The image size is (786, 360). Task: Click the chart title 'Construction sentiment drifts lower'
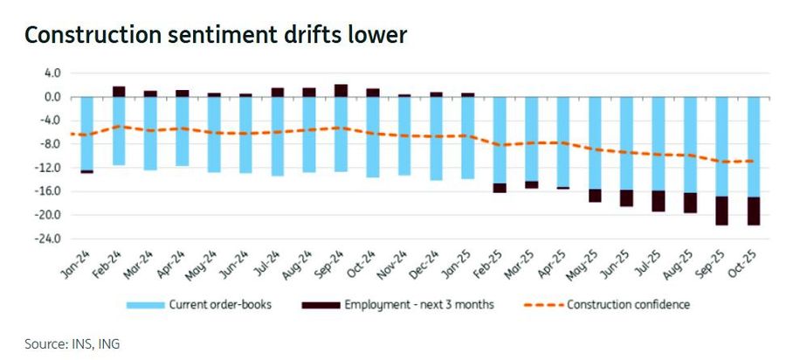pyautogui.click(x=216, y=36)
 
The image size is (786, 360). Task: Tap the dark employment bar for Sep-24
pyautogui.click(x=341, y=90)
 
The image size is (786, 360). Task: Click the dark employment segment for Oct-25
pyautogui.click(x=753, y=211)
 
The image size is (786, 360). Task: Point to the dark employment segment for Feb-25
pyautogui.click(x=499, y=188)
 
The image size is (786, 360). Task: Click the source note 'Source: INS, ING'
pyautogui.click(x=72, y=344)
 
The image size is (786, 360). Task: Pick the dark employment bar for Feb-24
pyautogui.click(x=118, y=91)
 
